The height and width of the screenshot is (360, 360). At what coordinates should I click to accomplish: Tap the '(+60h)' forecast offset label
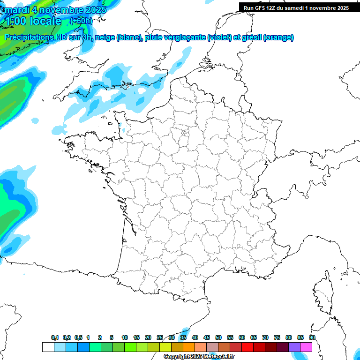81,21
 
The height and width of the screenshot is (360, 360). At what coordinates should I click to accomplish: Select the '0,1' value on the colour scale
55,337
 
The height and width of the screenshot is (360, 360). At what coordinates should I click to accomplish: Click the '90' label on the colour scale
312,337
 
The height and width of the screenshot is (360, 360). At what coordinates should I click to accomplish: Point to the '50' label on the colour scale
218,337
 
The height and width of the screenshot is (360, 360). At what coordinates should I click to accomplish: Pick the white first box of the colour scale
48,347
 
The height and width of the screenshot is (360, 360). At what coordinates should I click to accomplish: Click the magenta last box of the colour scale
306,347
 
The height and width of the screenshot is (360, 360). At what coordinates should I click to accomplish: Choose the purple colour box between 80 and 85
294,347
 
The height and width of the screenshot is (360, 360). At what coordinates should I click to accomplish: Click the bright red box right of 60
247,347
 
